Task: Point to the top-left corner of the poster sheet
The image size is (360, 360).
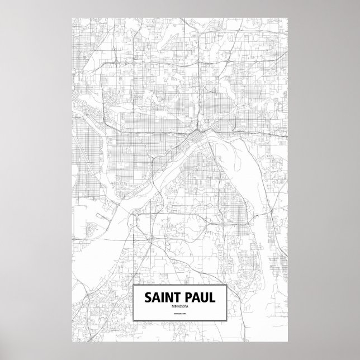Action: coord(72,17)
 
